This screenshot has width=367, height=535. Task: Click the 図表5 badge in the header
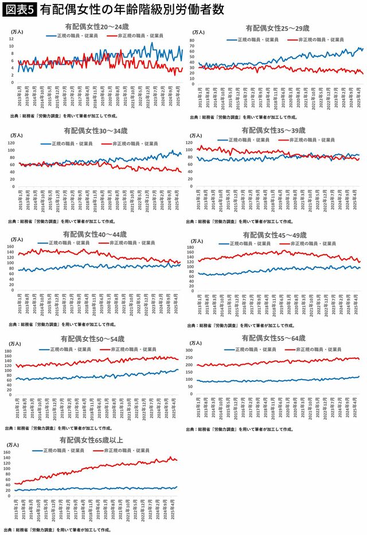tap(19, 10)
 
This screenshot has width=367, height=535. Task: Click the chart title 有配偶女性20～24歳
tap(94, 27)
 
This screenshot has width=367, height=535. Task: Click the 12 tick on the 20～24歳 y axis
tap(11, 39)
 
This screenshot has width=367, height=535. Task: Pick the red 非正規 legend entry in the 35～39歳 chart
tap(308, 140)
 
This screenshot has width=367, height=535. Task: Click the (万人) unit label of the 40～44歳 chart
tap(17, 239)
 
